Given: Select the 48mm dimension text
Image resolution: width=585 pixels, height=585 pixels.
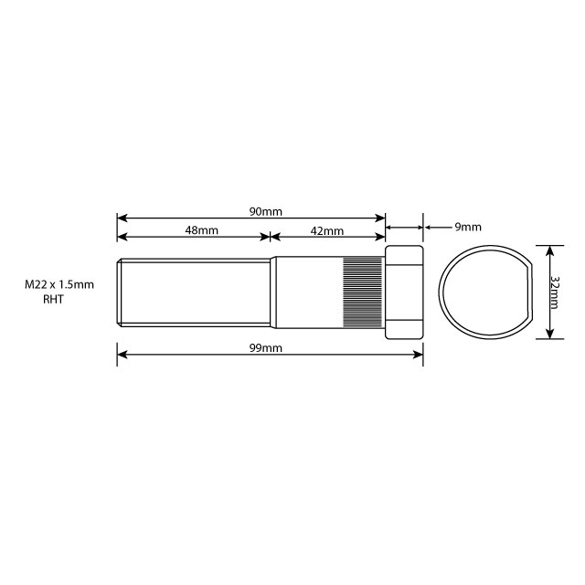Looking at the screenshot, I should [x=201, y=231].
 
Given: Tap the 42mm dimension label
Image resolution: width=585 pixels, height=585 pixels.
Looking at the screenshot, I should [x=326, y=231].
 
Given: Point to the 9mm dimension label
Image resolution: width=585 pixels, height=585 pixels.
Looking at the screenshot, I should [x=467, y=227].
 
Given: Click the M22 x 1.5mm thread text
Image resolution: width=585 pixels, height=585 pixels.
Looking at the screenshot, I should [x=59, y=285].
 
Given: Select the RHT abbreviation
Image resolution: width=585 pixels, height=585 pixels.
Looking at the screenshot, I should [x=55, y=300].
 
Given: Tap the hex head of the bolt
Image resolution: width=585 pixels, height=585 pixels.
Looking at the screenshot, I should [x=404, y=292].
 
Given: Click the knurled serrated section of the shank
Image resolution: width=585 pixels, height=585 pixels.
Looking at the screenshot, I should [x=364, y=292].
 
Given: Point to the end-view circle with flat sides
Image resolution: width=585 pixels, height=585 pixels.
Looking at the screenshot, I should [x=484, y=292].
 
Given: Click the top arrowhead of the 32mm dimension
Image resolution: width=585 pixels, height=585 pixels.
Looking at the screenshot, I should [x=548, y=249].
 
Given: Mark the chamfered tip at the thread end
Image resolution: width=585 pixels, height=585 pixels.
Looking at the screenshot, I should [x=120, y=292].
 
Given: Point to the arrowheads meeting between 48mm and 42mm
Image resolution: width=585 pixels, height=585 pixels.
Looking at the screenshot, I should [x=271, y=237].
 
